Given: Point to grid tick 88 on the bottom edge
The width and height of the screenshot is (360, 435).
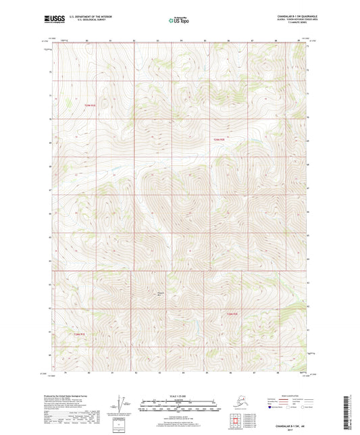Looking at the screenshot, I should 276,372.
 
